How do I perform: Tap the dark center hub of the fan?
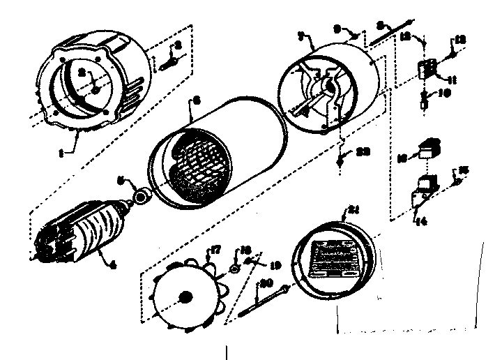[186, 297]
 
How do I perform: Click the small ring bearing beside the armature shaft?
[142, 197]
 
